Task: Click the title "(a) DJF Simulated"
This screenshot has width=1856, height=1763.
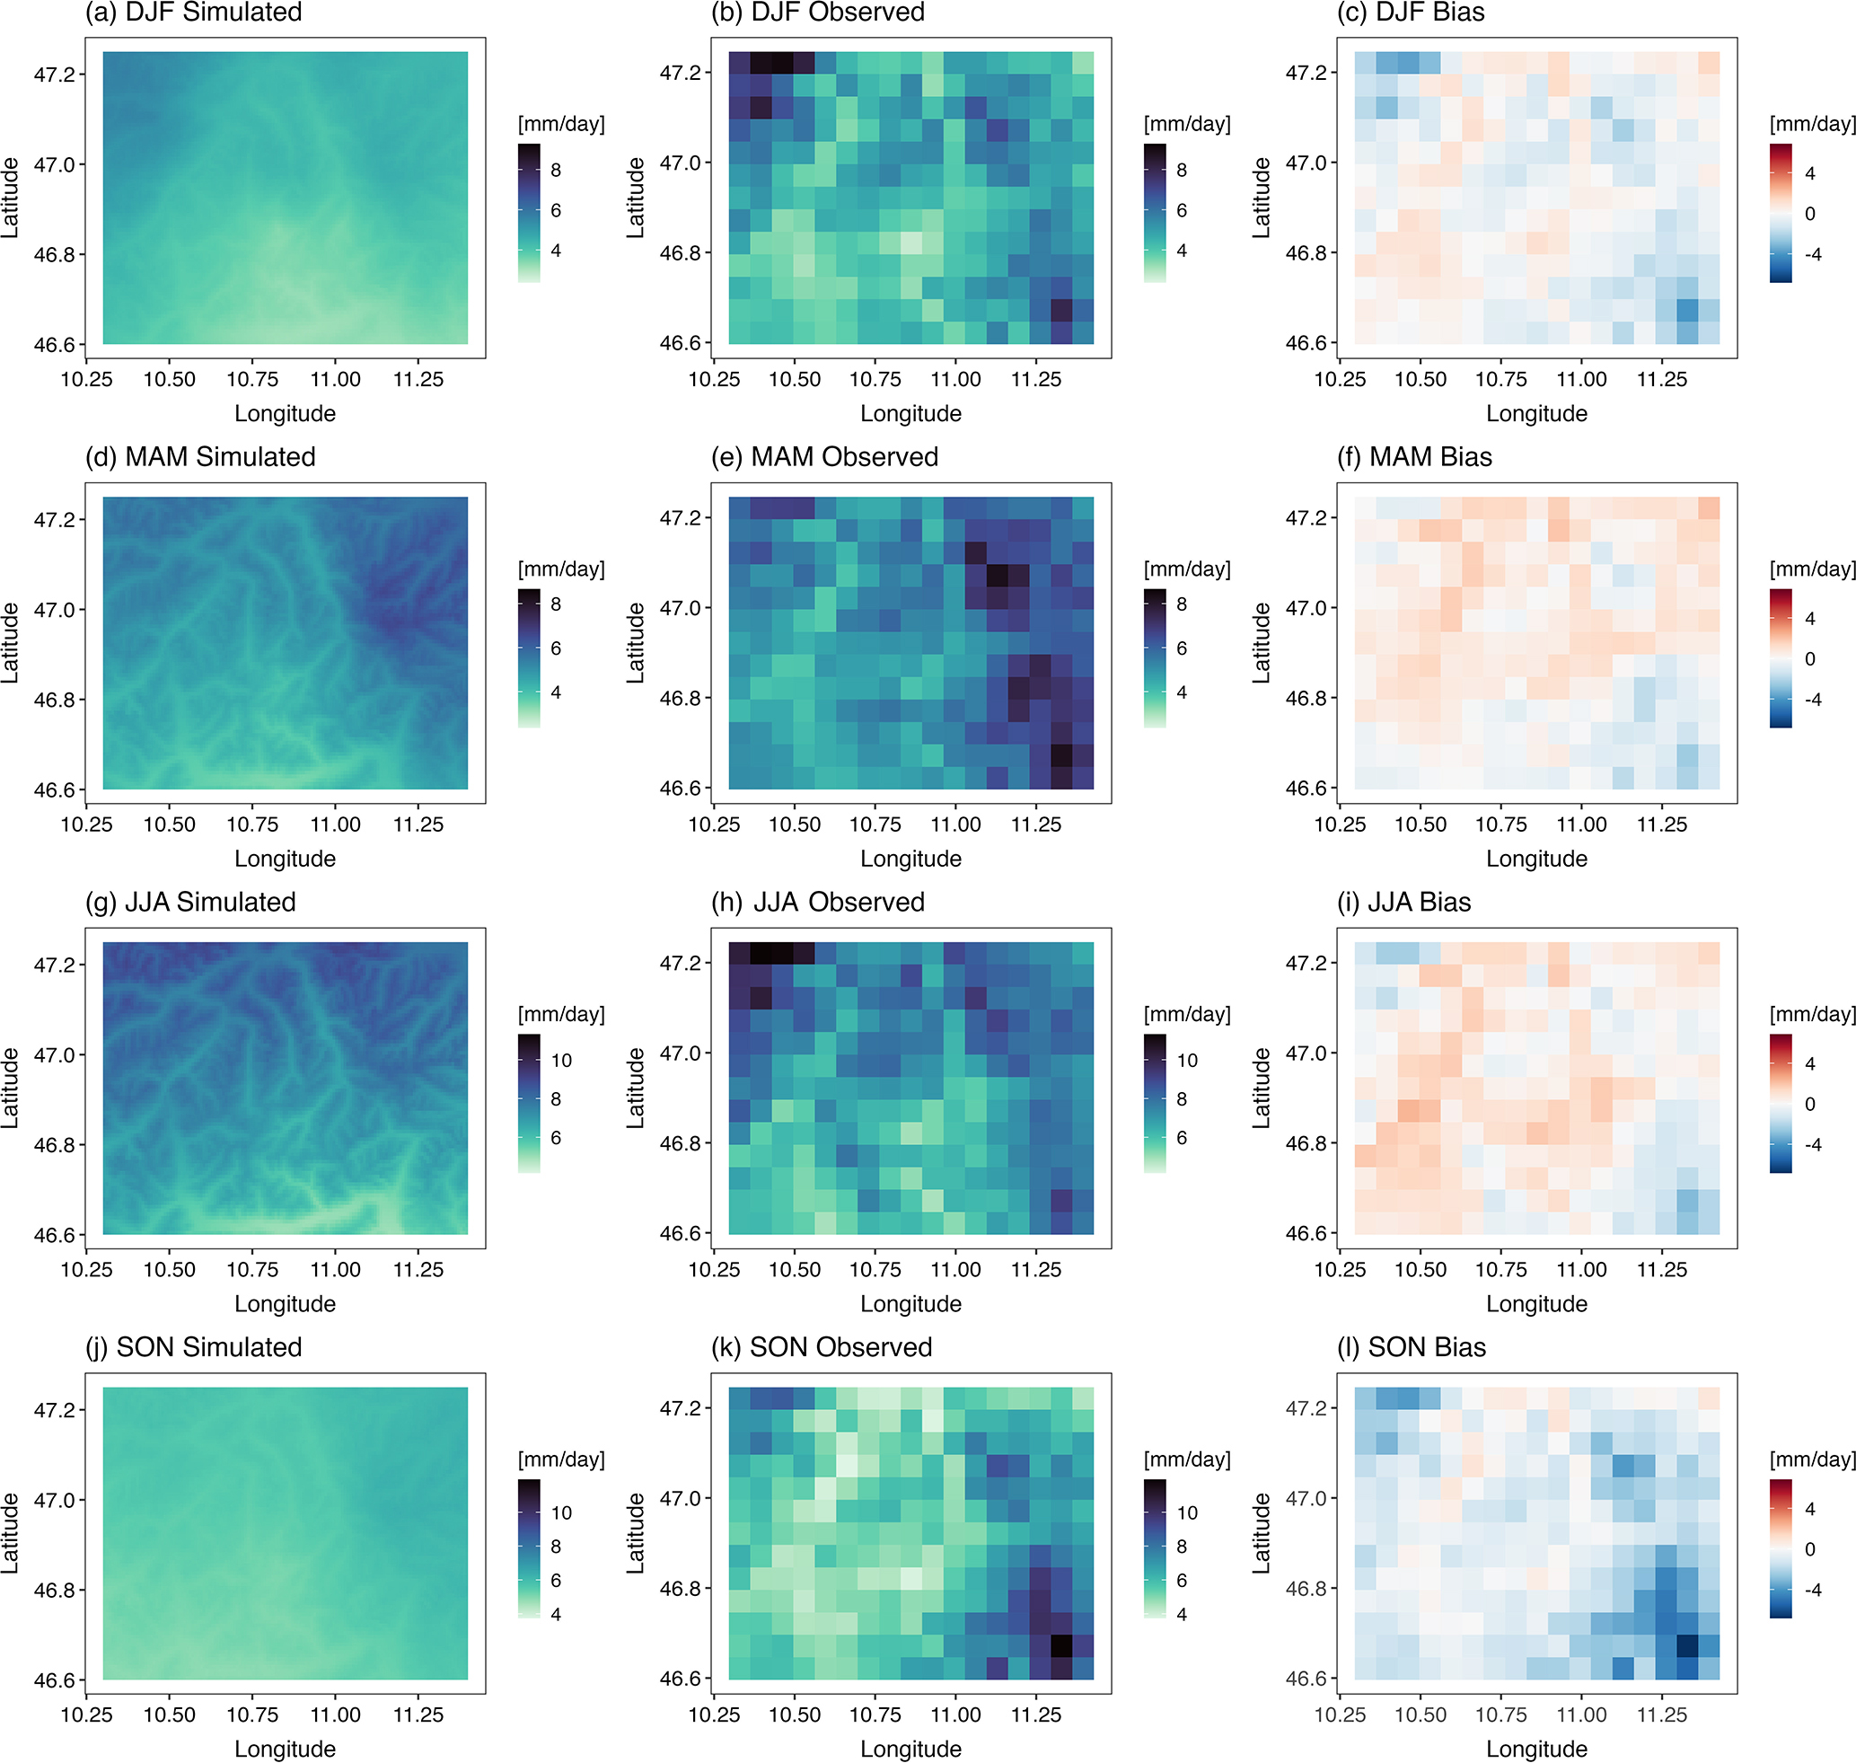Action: [194, 13]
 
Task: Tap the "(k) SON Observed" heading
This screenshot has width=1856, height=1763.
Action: [822, 1346]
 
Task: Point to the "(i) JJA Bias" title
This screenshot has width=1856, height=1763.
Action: [1404, 903]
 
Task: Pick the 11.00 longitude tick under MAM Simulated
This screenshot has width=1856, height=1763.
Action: [336, 825]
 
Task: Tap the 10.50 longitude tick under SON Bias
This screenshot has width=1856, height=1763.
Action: [1420, 1715]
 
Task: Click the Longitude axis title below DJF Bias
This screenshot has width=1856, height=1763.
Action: [1536, 413]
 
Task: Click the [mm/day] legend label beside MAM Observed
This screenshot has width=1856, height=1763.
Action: [1187, 569]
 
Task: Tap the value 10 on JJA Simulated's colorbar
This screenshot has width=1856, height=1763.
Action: [561, 1060]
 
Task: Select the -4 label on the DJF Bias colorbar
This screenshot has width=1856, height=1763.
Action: [1813, 254]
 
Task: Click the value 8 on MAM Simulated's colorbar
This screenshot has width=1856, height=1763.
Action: [556, 604]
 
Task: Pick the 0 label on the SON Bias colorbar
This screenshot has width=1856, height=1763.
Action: [1810, 1548]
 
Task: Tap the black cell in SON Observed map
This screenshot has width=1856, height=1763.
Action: [1061, 1646]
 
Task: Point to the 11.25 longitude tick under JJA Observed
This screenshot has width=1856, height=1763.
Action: [1035, 1270]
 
